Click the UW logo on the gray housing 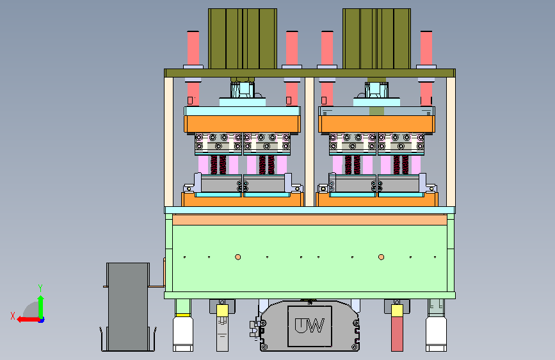[x=310, y=325]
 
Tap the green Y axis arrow [x=41, y=307]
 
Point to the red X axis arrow [x=28, y=320]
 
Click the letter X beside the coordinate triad [x=13, y=316]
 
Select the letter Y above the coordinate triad [x=40, y=288]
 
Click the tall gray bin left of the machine [x=128, y=306]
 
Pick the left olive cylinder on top [x=243, y=38]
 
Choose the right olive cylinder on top [x=376, y=38]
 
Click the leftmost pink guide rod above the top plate [x=193, y=48]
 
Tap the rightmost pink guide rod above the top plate [x=426, y=48]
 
